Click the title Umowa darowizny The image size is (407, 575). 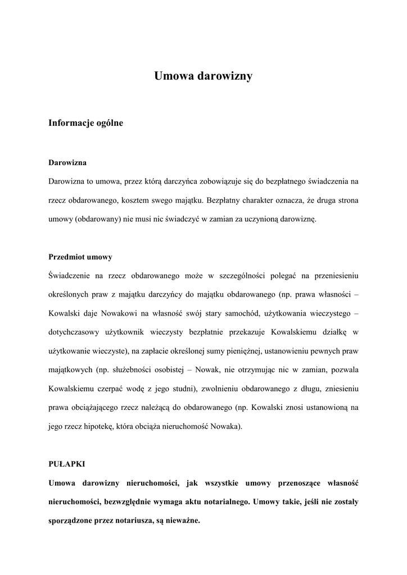click(x=203, y=76)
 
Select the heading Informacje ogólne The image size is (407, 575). click(x=85, y=122)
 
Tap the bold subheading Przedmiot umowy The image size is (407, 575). click(x=80, y=257)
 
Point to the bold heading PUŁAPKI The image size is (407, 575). click(x=66, y=464)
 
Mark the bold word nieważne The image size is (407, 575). click(x=181, y=521)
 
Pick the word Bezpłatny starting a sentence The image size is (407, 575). click(x=227, y=200)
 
